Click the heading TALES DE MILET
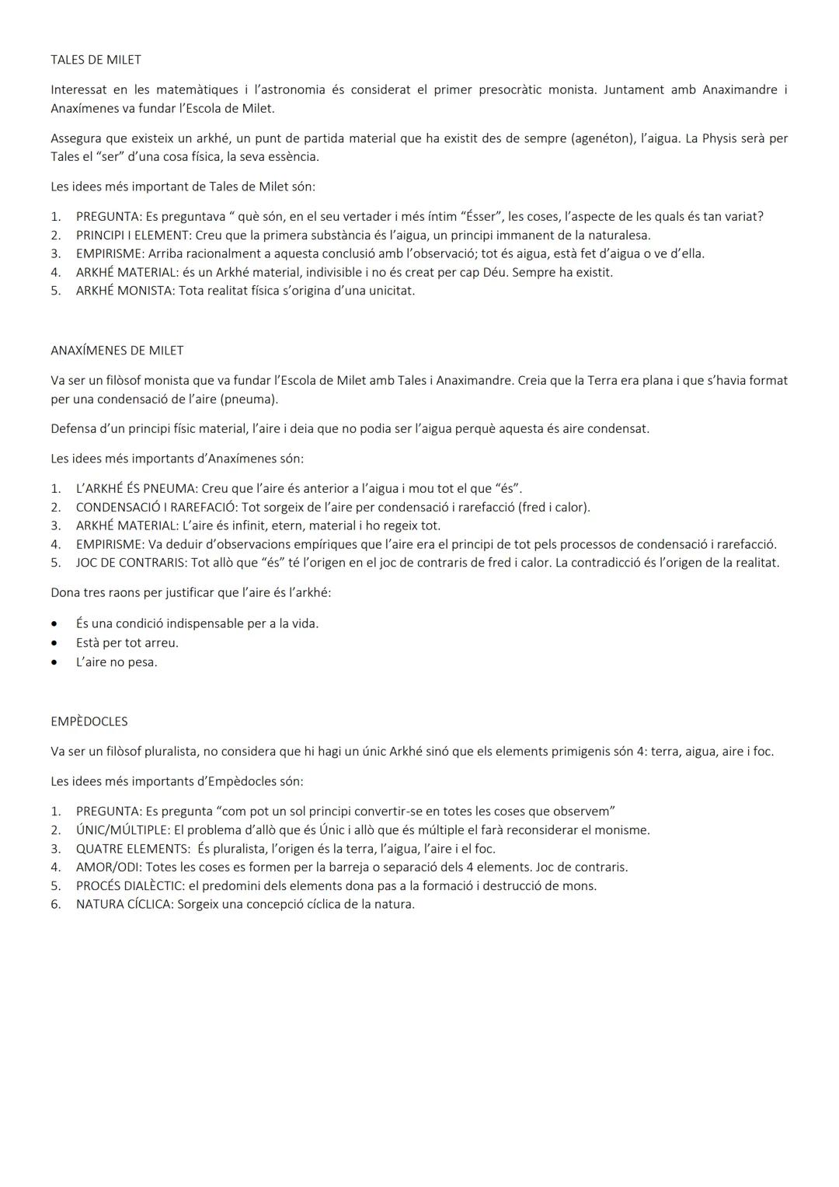[x=96, y=60]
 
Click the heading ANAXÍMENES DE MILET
[x=117, y=351]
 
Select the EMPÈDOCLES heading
[x=89, y=721]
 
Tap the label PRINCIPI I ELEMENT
[x=133, y=236]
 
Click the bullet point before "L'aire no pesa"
[x=54, y=663]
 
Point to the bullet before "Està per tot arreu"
[x=54, y=644]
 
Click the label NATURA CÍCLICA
[x=124, y=905]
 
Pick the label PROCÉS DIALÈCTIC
[x=130, y=886]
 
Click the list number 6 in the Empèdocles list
[x=55, y=905]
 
